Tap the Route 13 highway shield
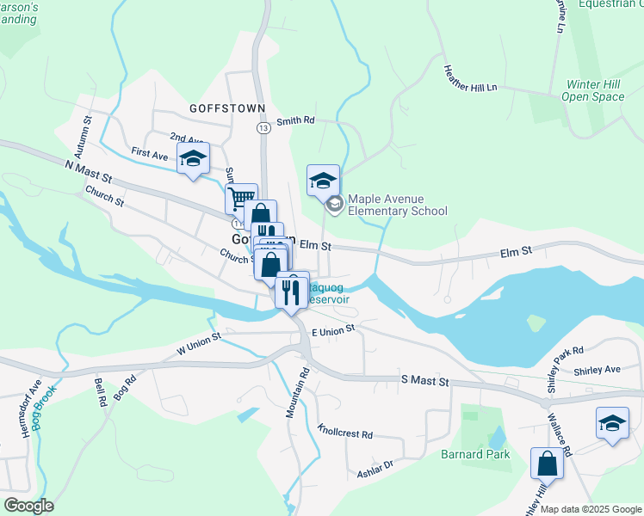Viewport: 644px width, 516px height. (263, 127)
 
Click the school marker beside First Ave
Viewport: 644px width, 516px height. (194, 158)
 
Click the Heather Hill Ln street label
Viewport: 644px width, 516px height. (471, 78)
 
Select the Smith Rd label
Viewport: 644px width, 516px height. (294, 121)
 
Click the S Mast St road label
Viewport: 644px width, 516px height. (425, 380)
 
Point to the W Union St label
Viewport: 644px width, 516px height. (199, 343)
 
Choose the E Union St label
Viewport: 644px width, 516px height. (333, 332)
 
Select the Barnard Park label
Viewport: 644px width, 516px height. (476, 454)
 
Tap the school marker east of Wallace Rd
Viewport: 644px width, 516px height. (612, 424)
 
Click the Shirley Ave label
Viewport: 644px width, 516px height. (600, 370)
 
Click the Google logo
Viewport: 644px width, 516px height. (28, 505)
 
